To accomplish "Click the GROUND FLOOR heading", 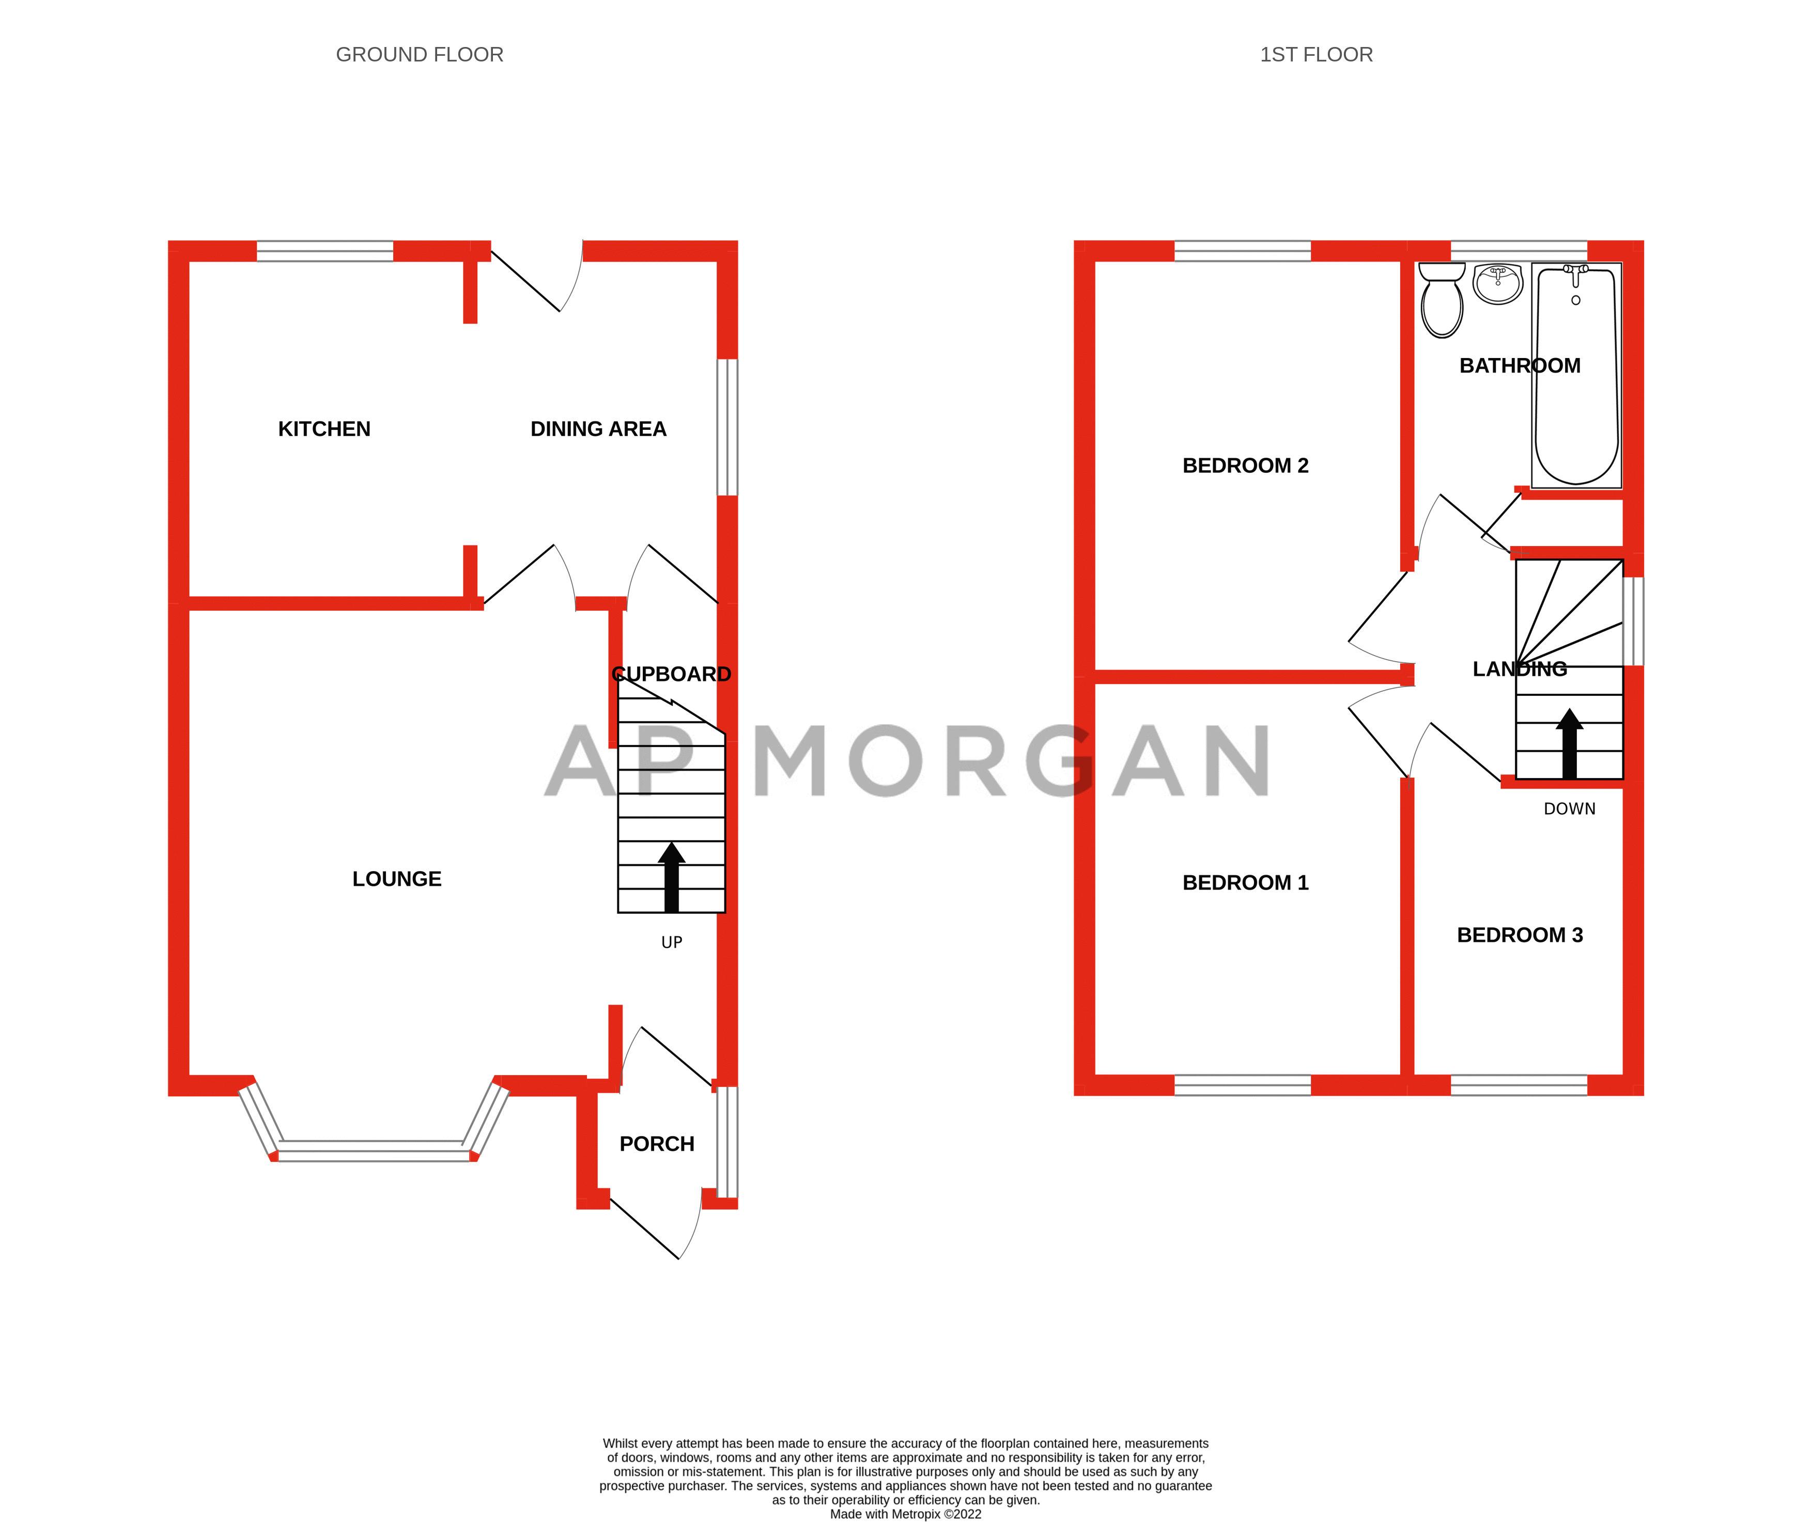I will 420,54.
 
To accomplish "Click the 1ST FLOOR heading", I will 1316,54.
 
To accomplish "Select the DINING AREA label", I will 598,429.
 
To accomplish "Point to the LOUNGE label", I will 396,878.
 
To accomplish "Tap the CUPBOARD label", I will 671,674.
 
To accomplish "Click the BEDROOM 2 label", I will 1245,465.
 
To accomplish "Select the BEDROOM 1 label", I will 1245,882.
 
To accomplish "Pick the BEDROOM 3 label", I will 1520,935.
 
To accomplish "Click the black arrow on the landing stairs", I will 1569,744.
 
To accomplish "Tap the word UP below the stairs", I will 671,942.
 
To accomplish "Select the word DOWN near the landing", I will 1569,809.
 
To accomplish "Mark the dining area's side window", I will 727,427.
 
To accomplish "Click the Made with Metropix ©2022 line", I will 905,1514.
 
